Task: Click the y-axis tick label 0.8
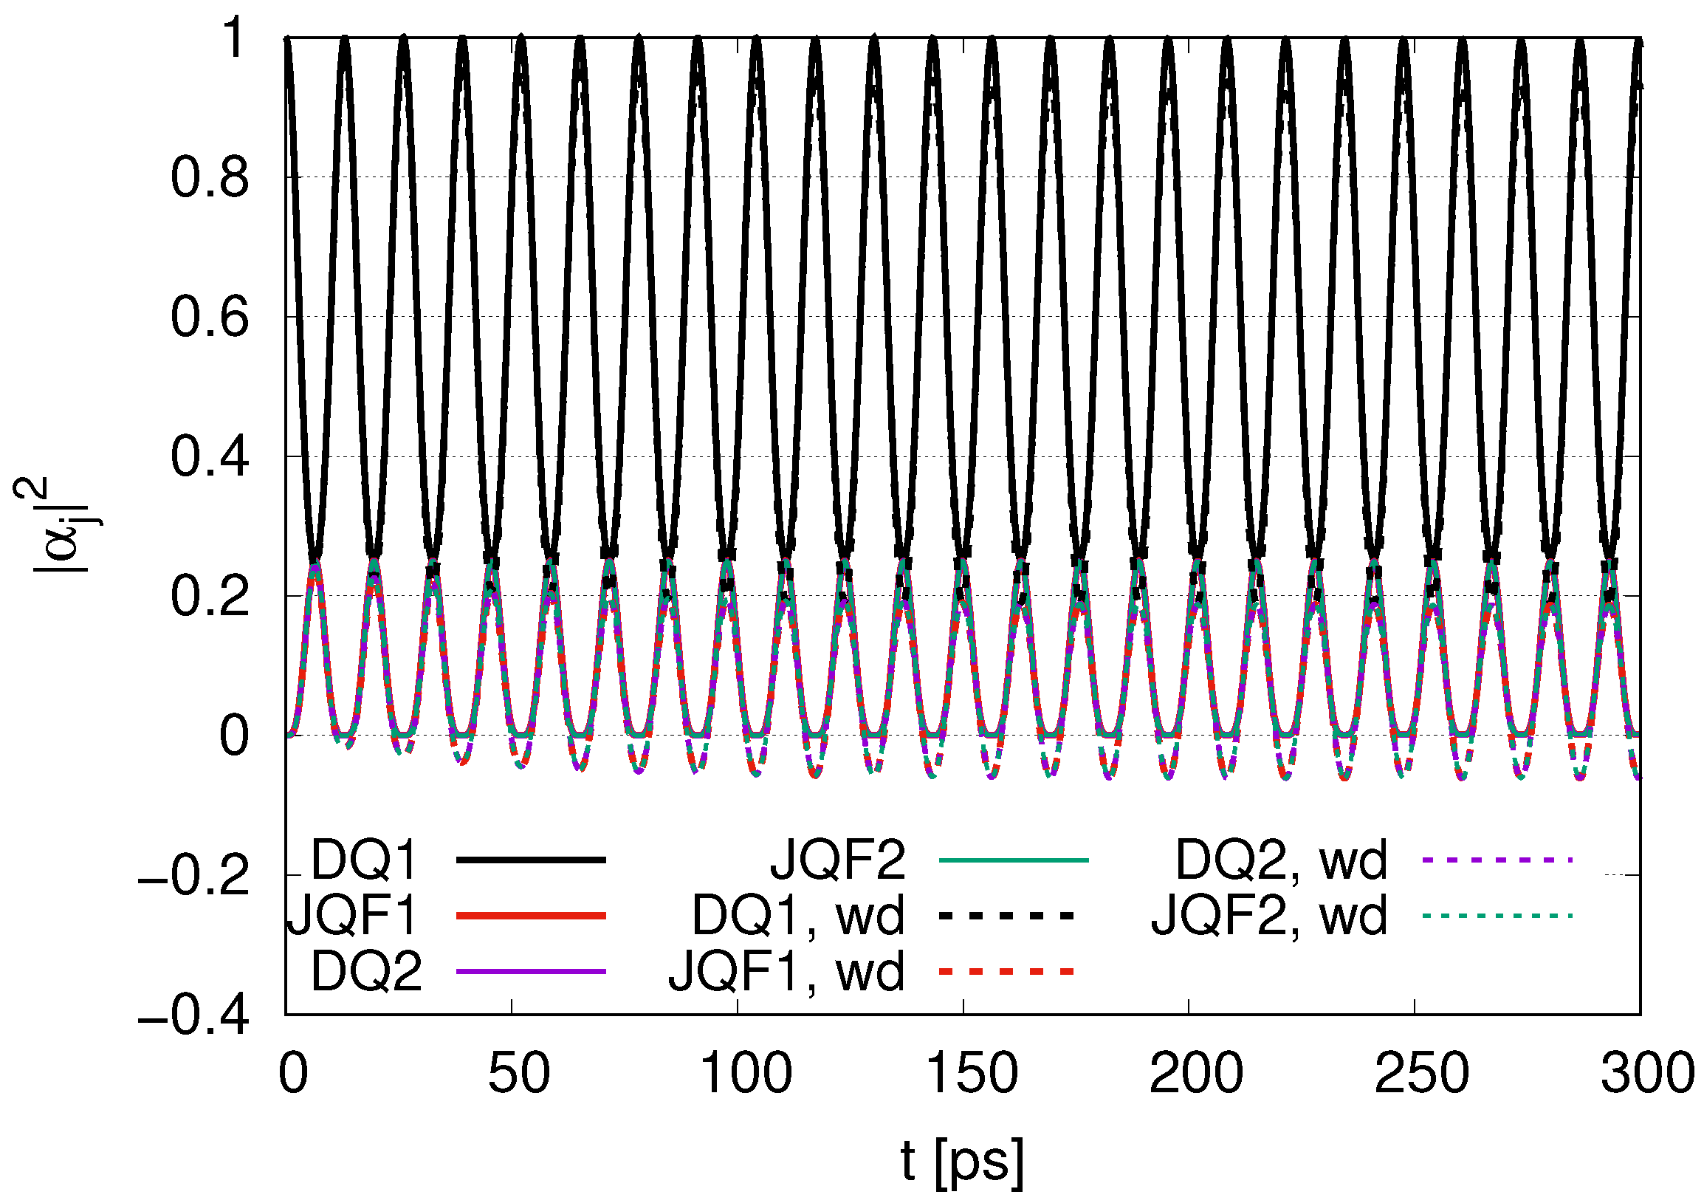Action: (210, 179)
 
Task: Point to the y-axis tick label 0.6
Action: (210, 318)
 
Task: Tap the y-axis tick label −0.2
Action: (193, 877)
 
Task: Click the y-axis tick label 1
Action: (235, 38)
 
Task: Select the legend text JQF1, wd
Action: (787, 971)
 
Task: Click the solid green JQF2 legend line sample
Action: (1014, 860)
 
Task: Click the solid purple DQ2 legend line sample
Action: (532, 971)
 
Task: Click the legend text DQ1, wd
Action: (799, 916)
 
